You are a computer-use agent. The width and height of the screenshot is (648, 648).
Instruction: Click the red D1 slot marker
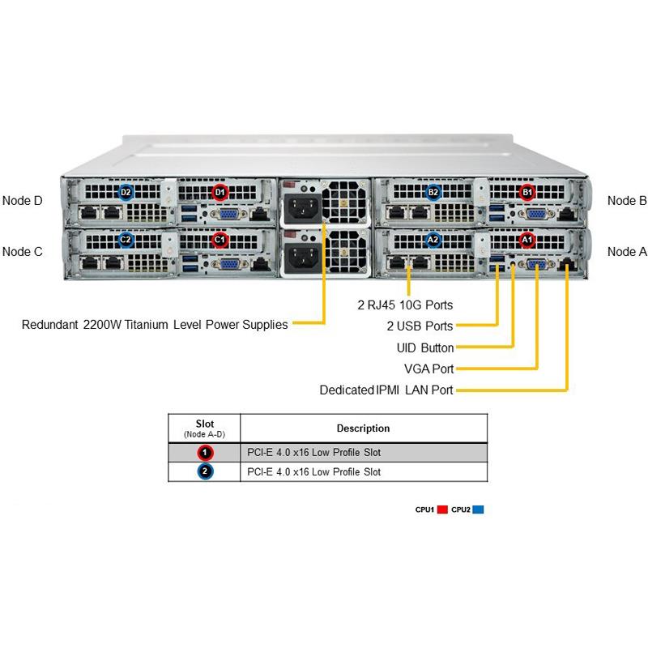[219, 193]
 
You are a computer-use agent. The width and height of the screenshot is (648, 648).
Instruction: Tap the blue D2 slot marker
[126, 192]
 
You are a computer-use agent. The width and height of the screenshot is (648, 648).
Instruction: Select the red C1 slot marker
[219, 240]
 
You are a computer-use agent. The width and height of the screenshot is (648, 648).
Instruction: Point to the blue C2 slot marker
[126, 240]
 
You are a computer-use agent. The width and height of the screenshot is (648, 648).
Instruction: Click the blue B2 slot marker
[433, 192]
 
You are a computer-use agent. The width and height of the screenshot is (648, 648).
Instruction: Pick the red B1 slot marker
[527, 193]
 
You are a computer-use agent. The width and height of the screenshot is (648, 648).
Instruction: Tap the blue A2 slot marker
[433, 240]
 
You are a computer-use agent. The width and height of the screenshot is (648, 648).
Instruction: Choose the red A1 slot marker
[527, 240]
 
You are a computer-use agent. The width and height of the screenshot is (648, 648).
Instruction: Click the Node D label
[23, 200]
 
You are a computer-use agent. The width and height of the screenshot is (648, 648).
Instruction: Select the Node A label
[627, 252]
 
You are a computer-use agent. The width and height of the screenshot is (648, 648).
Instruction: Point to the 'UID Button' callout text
[425, 347]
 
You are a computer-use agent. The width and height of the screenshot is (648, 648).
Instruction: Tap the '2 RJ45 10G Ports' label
[405, 305]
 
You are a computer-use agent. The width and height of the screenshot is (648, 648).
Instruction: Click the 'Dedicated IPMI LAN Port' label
[386, 390]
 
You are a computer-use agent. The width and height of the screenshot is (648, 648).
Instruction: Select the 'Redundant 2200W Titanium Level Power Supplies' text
[155, 325]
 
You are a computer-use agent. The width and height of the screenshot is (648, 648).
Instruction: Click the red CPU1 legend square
[442, 510]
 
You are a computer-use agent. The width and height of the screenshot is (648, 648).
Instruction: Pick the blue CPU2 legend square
[478, 510]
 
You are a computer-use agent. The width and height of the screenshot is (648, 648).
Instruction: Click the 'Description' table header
[363, 428]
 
